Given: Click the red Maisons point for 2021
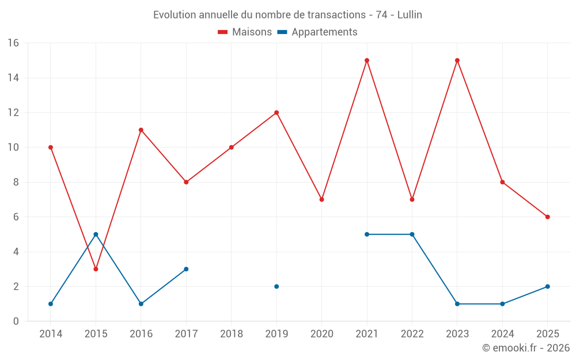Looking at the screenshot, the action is (367, 60).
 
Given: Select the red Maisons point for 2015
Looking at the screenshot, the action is (96, 269).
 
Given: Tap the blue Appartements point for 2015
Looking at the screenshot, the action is (96, 234).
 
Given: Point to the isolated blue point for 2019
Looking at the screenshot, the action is (276, 286).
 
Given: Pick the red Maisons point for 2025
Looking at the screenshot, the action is (548, 217).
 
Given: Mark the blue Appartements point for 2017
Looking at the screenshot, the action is (186, 269).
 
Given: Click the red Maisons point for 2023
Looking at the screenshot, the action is (457, 60).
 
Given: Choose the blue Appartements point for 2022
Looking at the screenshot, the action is (412, 234).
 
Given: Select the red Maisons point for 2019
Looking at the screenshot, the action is (276, 113).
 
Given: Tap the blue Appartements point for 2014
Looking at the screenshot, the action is (51, 304).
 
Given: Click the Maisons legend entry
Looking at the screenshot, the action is (245, 32).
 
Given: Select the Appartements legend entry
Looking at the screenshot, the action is (317, 32).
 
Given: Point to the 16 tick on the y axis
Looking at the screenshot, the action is (13, 43).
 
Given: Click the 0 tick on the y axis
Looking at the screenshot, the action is (16, 321).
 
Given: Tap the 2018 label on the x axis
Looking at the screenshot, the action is (232, 334).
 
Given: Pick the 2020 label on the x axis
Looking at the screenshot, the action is (322, 334).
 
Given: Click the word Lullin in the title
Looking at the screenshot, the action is (410, 15).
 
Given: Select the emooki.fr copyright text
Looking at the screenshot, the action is (526, 348).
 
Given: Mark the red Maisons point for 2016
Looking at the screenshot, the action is (141, 130).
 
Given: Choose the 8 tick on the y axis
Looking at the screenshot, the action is (16, 182).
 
